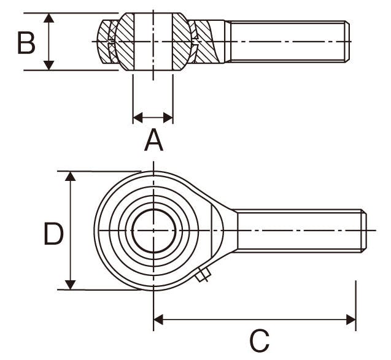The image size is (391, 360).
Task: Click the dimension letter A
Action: [x=153, y=140]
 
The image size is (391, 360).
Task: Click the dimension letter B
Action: [x=26, y=42]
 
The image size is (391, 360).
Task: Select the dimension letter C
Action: [x=260, y=341]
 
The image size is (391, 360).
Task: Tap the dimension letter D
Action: [x=53, y=234]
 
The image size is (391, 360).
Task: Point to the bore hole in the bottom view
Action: [x=153, y=231]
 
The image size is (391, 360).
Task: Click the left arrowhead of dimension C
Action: [x=159, y=320]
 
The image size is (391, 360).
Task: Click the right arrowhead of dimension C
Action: [x=351, y=320]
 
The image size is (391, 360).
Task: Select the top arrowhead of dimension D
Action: [x=71, y=177]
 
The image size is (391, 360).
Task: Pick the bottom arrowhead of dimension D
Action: [x=71, y=284]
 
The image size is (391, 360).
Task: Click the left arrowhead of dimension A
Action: [x=137, y=117]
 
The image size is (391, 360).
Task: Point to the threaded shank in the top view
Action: [x=285, y=42]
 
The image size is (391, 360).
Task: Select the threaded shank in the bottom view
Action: [x=298, y=231]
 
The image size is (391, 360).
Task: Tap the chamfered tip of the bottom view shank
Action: [x=364, y=231]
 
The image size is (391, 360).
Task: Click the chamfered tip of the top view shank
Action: [x=347, y=42]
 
